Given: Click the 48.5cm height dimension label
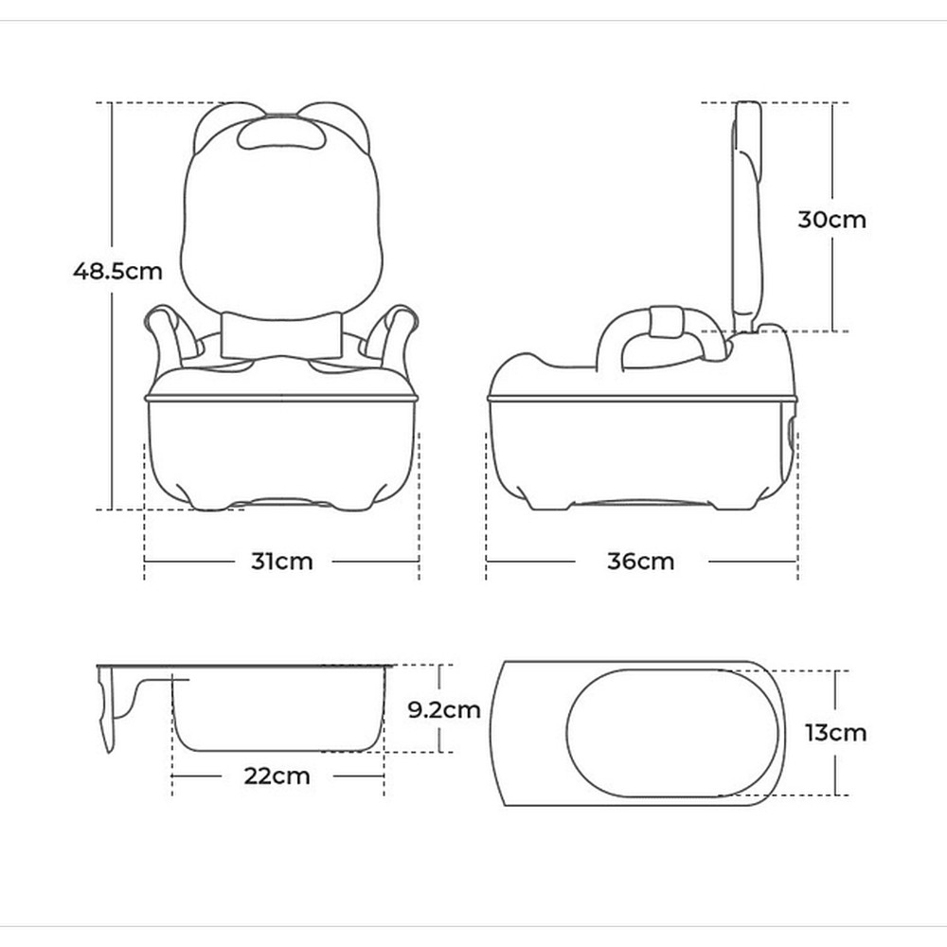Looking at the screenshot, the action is [117, 271].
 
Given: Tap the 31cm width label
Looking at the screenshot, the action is [282, 562].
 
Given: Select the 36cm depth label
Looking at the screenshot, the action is [641, 562].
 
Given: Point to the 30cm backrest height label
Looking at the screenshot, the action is [831, 220].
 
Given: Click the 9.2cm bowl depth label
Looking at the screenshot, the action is [444, 709].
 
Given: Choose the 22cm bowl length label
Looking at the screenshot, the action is [277, 777].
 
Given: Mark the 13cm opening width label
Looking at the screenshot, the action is [835, 733].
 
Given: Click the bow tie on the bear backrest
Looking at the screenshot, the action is [282, 335].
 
